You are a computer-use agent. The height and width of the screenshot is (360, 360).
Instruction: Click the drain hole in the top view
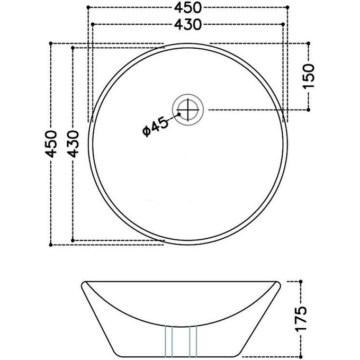(x=187, y=109)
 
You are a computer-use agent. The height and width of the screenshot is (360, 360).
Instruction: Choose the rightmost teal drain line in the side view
(x=197, y=341)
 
